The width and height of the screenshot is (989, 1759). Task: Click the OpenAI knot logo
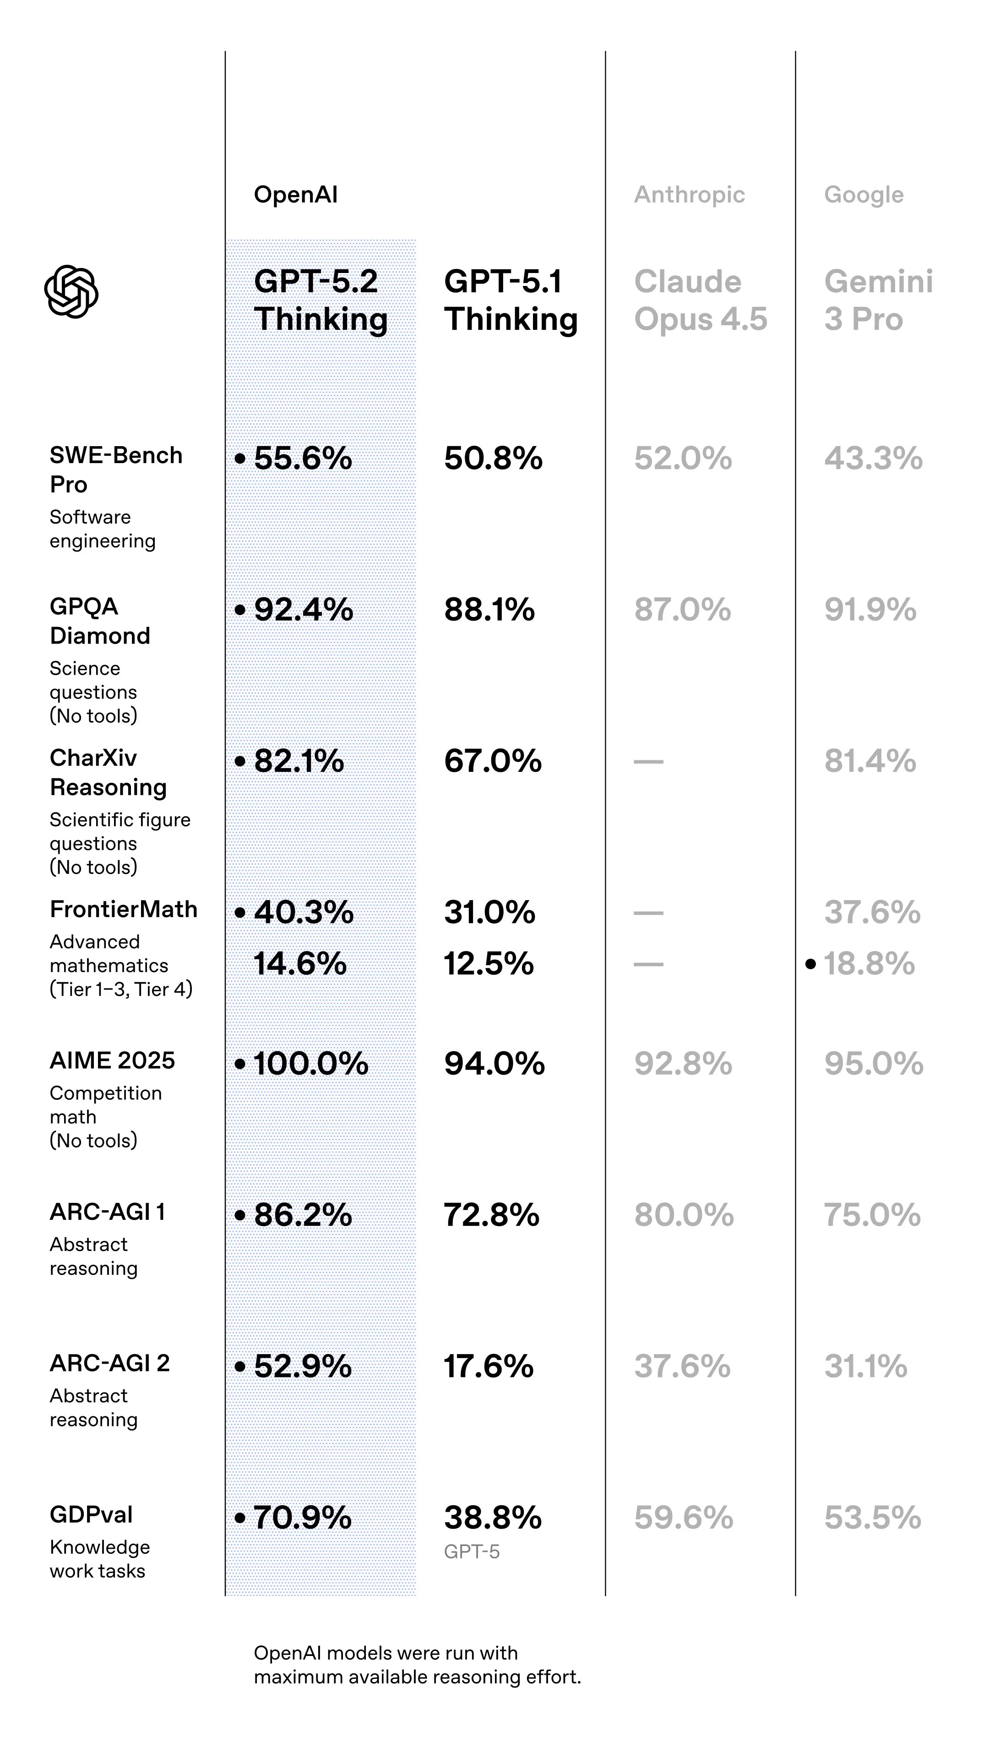coord(71,292)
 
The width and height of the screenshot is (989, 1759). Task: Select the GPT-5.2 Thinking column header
coord(320,300)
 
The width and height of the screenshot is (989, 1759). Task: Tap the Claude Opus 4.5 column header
coord(700,300)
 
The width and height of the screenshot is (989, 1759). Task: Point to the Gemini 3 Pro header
coord(878,300)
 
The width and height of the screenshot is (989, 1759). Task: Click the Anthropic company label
coord(689,195)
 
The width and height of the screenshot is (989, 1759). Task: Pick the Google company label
coord(864,195)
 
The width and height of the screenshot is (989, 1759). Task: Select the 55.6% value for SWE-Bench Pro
coord(303,458)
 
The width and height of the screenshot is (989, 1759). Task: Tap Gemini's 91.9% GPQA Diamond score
coord(869,610)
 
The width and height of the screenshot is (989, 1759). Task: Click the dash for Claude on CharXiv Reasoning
coord(648,761)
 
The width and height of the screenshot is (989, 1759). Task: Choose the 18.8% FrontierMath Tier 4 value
coord(869,964)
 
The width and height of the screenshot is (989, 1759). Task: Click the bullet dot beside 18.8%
coord(810,964)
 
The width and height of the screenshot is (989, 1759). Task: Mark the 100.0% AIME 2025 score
coord(310,1064)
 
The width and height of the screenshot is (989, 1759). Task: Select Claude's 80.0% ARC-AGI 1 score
coord(683,1215)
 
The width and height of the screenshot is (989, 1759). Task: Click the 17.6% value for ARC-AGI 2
coord(489,1367)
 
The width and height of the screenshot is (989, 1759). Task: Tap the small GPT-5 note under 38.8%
coord(472,1552)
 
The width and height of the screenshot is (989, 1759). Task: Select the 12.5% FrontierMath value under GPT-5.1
coord(489,964)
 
